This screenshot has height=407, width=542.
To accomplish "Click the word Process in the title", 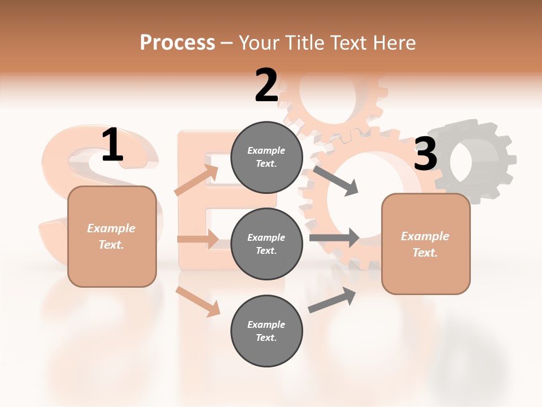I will [177, 43].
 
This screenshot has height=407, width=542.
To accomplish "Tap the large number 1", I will [112, 145].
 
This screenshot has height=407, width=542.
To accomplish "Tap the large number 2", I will [266, 85].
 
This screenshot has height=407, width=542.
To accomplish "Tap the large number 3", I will [425, 154].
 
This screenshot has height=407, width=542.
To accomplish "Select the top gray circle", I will [266, 157].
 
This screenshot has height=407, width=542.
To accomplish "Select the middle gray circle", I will [266, 244].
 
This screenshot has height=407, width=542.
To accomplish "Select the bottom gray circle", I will [266, 331].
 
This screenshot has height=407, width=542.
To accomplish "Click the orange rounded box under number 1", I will [112, 236].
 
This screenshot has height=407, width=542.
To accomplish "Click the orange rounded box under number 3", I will [426, 244].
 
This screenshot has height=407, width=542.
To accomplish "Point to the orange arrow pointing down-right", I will [198, 301].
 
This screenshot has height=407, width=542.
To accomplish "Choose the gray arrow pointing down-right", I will [335, 180].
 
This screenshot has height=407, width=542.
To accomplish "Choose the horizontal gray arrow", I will [334, 238].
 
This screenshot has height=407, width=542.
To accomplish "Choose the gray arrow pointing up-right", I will [332, 300].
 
